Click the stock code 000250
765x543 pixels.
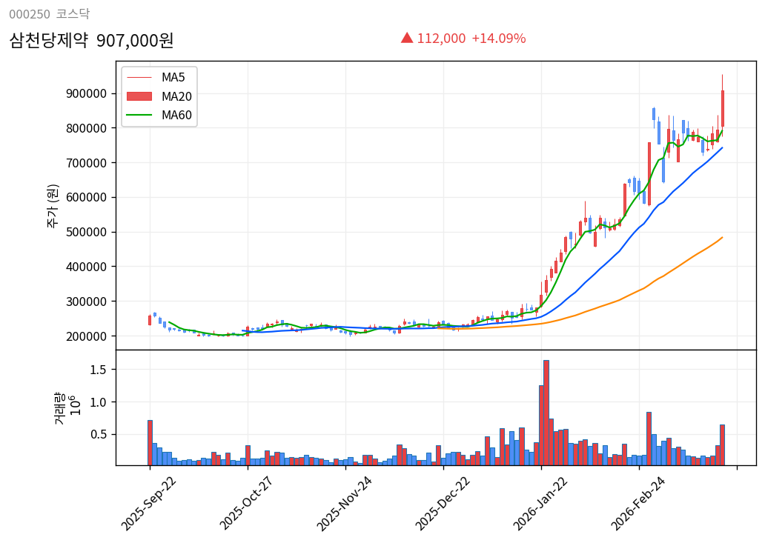coord(30,14)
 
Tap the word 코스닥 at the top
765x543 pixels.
coord(73,14)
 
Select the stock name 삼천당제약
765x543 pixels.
coord(48,40)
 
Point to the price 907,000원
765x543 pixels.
coord(135,40)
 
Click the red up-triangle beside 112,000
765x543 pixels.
coord(407,38)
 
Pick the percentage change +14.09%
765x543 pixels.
coord(498,39)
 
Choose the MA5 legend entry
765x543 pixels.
coord(173,77)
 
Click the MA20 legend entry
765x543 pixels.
coord(176,96)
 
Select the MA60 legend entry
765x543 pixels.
coord(176,115)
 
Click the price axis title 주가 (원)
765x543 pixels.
coord(53,205)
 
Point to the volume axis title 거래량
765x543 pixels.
coord(60,408)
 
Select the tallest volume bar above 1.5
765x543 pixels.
coord(546,413)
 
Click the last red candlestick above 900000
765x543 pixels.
coord(722,108)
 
